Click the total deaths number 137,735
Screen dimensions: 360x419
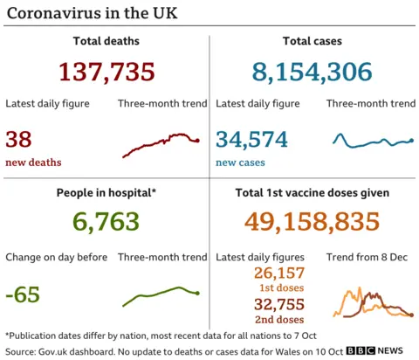pos(106,72)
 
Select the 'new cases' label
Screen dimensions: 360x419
pos(240,163)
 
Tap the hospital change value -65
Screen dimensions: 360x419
pos(23,294)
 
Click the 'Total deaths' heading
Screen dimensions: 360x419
pos(106,41)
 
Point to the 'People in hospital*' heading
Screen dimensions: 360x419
pos(106,193)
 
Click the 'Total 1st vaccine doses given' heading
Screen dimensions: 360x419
pos(312,193)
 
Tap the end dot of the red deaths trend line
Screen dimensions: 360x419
pos(198,141)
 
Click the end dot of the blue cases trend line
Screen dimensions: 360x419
pos(411,140)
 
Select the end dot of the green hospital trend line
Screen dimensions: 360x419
pos(198,294)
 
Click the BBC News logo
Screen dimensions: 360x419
pos(374,350)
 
